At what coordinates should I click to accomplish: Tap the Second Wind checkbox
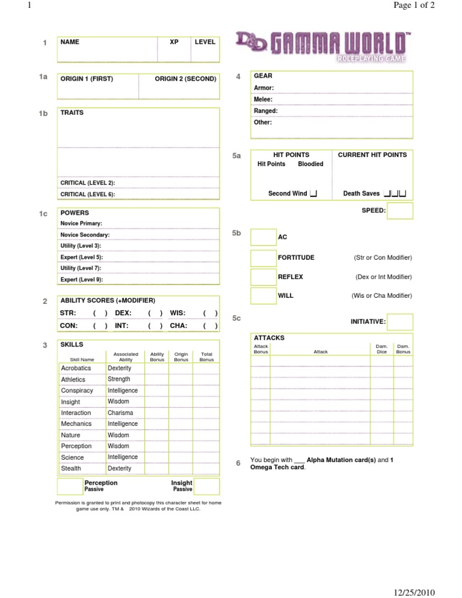(x=313, y=193)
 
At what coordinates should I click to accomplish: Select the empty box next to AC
(x=263, y=237)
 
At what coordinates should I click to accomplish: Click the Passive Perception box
(x=70, y=486)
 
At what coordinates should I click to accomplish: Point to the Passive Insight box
(x=206, y=486)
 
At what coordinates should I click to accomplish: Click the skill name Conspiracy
(x=77, y=390)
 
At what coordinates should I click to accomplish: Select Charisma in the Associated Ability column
(x=122, y=413)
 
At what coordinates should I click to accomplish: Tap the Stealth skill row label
(x=71, y=468)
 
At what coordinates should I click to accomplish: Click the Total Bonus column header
(x=206, y=357)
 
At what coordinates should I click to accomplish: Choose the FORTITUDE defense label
(x=296, y=257)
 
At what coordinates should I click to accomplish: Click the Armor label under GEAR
(x=264, y=88)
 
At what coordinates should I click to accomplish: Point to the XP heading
(x=174, y=42)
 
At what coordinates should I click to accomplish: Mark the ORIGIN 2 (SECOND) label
(x=185, y=79)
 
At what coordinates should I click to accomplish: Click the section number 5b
(x=236, y=233)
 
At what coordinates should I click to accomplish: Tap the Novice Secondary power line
(x=85, y=235)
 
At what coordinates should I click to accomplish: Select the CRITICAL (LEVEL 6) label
(x=88, y=194)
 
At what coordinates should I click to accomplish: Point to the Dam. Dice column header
(x=381, y=349)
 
